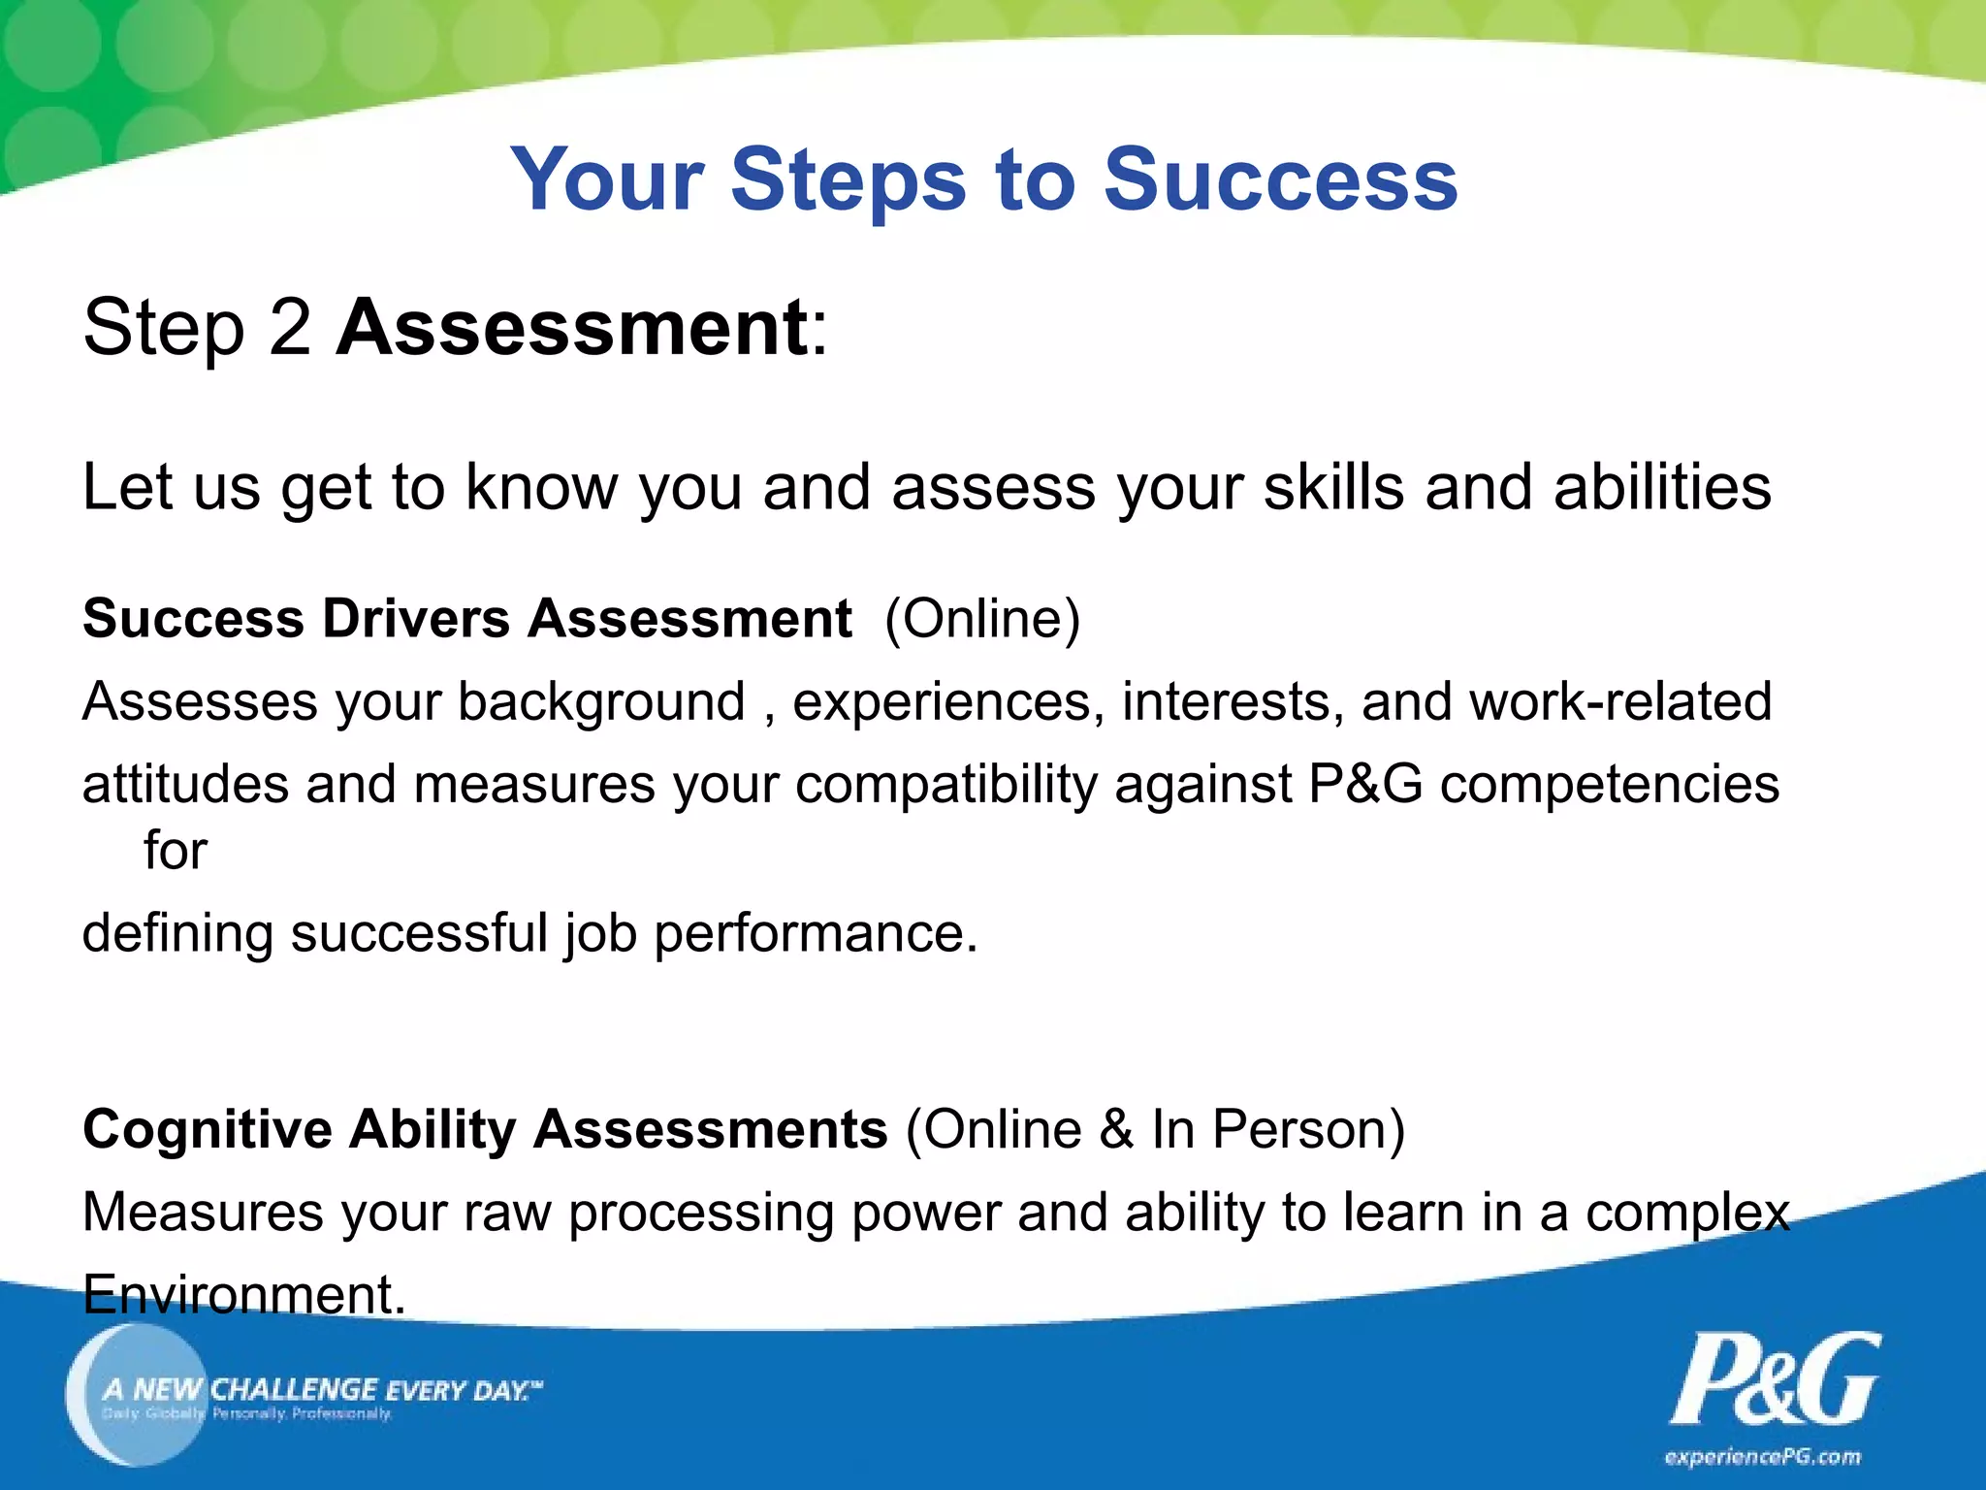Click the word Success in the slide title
[x=1280, y=179]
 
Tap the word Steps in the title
[x=849, y=181]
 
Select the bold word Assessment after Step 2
[x=572, y=328]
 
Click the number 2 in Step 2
[x=290, y=328]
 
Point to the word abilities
[x=1662, y=487]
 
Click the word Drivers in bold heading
[x=416, y=619]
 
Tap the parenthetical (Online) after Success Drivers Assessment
[x=982, y=619]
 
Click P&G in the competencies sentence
[x=1365, y=784]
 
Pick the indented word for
[x=176, y=851]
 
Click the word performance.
[x=816, y=933]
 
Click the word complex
[x=1687, y=1213]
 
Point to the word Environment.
[x=243, y=1295]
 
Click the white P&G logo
[x=1775, y=1379]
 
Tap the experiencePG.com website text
[x=1762, y=1457]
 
